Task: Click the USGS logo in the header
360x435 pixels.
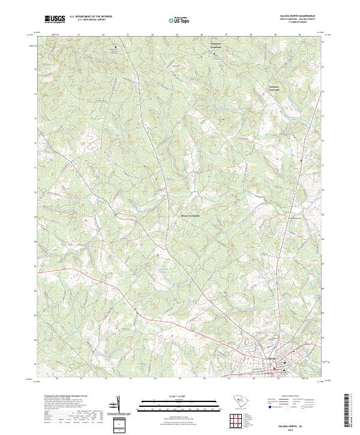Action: pos(55,20)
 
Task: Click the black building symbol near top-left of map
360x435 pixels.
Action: pos(116,53)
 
